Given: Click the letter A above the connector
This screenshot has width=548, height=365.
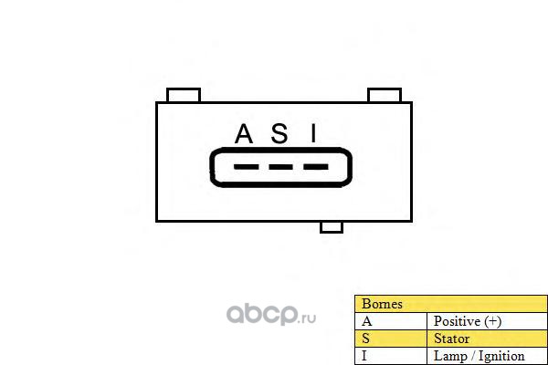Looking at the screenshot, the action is (244, 135).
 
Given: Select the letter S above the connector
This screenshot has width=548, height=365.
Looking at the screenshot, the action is (280, 135).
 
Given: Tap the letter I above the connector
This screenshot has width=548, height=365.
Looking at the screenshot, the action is (313, 135).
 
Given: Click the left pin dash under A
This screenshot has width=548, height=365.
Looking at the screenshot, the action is (246, 168).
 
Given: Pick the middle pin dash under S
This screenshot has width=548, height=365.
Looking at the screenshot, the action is (280, 168).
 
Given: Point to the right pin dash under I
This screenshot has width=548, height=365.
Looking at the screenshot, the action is (315, 168).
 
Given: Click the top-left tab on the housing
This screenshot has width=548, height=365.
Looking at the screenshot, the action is (184, 95).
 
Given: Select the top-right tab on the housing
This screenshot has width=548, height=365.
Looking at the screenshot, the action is (385, 95).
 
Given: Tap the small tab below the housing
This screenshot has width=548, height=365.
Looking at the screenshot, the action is (331, 226).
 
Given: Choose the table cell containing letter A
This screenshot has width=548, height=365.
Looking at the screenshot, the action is (390, 321).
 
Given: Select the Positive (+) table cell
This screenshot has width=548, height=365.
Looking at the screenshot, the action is (487, 321).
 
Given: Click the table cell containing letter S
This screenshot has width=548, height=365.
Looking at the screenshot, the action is (390, 339).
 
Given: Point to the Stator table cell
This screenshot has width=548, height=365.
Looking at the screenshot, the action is (487, 339).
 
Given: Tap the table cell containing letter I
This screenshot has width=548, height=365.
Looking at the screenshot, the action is (390, 356).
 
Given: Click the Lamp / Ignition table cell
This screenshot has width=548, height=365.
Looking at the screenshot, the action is (487, 356).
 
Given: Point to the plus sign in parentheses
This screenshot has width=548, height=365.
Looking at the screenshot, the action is (493, 321).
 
